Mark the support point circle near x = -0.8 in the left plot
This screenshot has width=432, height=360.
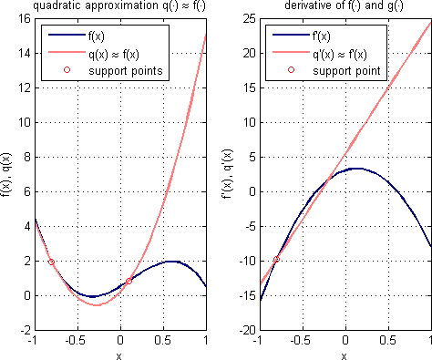coord(51,262)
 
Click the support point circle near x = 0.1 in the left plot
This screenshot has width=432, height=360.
coord(129,281)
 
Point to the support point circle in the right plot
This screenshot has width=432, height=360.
coord(276,260)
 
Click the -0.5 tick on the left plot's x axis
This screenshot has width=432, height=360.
coord(75,342)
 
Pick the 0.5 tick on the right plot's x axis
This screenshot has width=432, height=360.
coord(388,342)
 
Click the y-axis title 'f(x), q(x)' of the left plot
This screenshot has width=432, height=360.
coord(8,173)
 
